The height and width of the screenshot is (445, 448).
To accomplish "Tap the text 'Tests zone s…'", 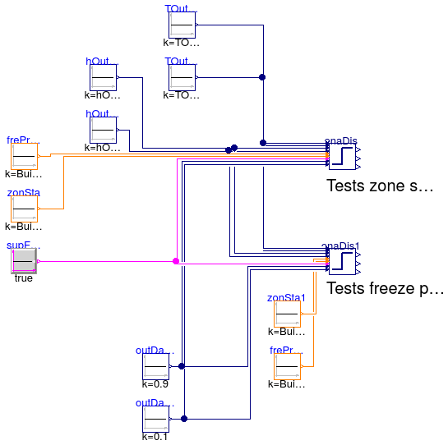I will click(x=379, y=186).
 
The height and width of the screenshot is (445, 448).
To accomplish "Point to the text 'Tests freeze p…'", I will click(x=385, y=289).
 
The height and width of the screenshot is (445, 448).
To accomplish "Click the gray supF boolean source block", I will click(x=24, y=261).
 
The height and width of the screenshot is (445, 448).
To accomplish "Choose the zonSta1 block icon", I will click(x=287, y=314).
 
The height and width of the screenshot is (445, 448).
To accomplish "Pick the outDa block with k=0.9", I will click(x=155, y=366).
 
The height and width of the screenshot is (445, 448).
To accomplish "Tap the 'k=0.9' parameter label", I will click(x=155, y=383).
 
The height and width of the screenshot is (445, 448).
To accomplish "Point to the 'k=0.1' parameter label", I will click(x=155, y=436).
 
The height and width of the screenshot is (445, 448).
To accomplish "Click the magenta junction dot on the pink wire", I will click(x=176, y=261).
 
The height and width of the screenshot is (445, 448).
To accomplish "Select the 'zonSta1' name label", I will click(x=286, y=298).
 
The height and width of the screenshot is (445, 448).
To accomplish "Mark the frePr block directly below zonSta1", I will click(x=287, y=366).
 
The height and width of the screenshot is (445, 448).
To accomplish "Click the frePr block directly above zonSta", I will click(x=24, y=156).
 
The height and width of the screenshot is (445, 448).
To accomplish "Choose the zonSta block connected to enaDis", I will click(x=24, y=209).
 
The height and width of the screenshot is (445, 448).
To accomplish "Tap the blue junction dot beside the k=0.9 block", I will click(x=182, y=366).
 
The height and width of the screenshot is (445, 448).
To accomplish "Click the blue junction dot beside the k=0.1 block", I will click(x=184, y=419).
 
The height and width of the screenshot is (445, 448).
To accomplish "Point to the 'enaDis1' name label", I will click(x=341, y=245).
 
